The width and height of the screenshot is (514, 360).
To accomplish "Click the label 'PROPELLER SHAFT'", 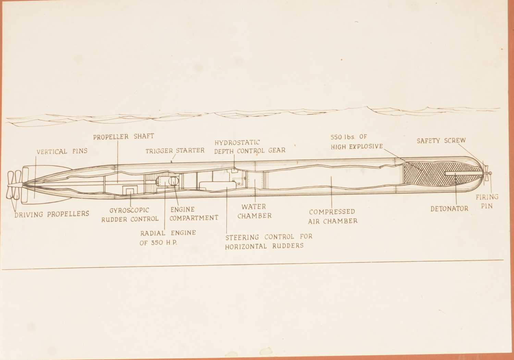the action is [124, 136].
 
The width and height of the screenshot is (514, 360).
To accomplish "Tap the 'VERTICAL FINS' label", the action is [62, 151].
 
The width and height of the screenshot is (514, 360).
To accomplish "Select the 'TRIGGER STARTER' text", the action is [175, 151].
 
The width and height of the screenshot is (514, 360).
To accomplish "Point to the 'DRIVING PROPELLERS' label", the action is [52, 214].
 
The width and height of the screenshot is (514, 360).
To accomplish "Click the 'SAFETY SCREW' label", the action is [441, 141].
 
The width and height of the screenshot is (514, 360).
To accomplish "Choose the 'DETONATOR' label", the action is [449, 208].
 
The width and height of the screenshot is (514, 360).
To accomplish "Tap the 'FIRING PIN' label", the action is [487, 201].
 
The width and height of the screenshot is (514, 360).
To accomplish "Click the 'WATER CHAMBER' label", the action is [254, 211].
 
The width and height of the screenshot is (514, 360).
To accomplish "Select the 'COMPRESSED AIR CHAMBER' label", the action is [332, 216].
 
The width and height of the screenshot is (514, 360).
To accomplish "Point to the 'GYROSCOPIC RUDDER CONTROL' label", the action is [130, 215].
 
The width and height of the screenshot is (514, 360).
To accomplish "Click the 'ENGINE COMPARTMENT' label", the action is [194, 214].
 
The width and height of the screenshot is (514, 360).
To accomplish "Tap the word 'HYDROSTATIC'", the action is [237, 142].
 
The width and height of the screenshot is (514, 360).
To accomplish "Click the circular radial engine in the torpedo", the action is [173, 181].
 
